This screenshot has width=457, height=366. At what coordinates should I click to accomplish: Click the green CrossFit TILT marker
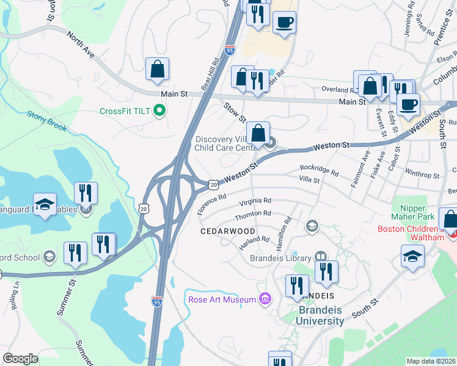[x=160, y=111]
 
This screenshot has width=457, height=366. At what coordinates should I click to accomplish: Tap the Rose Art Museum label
[x=221, y=300]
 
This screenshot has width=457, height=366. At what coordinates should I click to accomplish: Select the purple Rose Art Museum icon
[x=265, y=300]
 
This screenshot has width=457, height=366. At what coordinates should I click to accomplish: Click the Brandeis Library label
[x=280, y=257]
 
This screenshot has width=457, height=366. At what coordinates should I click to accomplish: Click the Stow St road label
[x=234, y=112]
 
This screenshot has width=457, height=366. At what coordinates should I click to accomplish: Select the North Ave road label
[x=81, y=46]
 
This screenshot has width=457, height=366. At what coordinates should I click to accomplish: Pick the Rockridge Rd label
[x=319, y=170]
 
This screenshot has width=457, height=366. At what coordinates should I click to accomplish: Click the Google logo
[x=21, y=359]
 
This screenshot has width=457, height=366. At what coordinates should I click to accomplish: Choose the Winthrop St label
[x=422, y=172]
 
